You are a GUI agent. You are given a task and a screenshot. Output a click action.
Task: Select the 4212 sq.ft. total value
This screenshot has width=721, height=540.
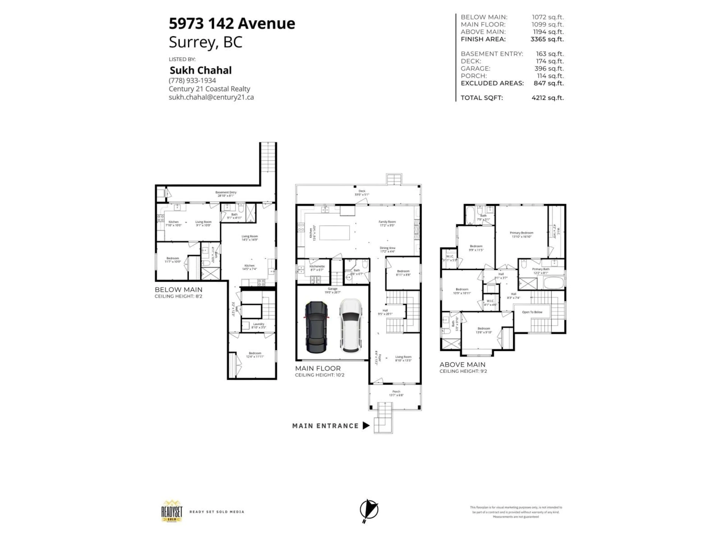pyautogui.click(x=547, y=98)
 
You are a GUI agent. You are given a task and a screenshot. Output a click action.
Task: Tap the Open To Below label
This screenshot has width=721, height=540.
pyautogui.click(x=532, y=312)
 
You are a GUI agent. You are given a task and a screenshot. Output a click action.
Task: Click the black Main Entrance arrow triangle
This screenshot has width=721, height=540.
pyautogui.click(x=366, y=425)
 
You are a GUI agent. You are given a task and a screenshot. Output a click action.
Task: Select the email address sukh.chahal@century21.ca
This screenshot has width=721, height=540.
pyautogui.click(x=211, y=97)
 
